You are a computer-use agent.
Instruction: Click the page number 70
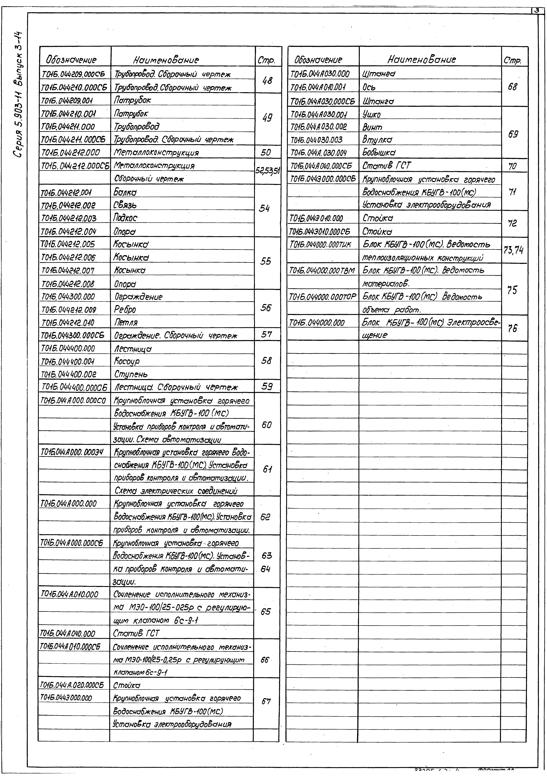click(x=512, y=166)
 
